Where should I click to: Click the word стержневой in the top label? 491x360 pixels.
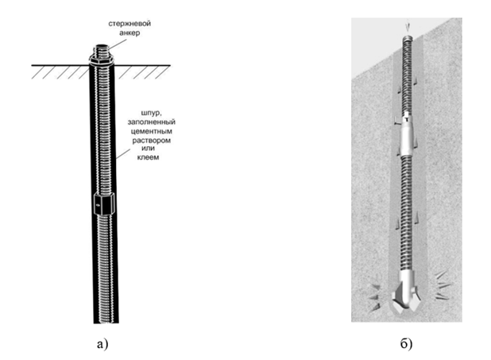click(x=130, y=24)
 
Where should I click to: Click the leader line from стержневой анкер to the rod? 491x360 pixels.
click(x=111, y=44)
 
